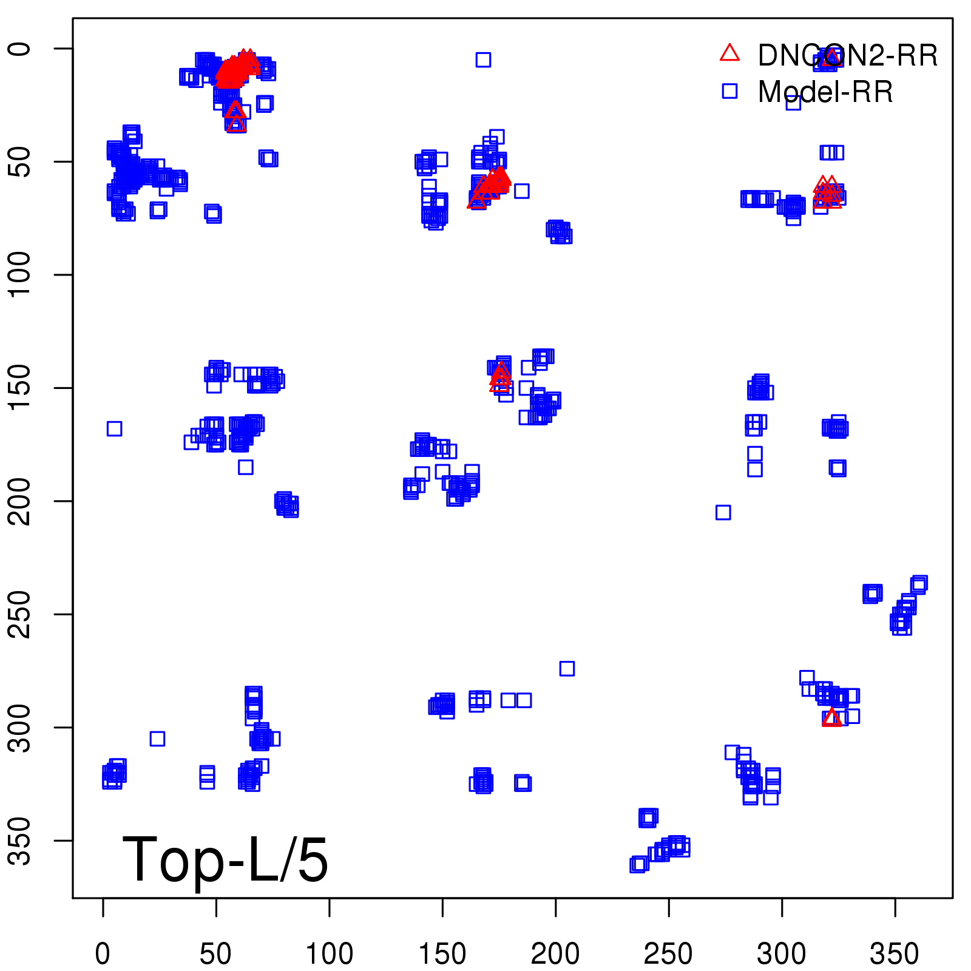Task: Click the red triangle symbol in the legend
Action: point(729,53)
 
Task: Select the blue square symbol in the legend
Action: point(729,91)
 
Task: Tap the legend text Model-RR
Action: point(825,92)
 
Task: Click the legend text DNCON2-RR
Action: point(847,56)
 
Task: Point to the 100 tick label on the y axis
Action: point(21,274)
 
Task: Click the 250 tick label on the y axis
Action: point(21,614)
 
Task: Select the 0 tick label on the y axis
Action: point(21,49)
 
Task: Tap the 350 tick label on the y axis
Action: point(21,840)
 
